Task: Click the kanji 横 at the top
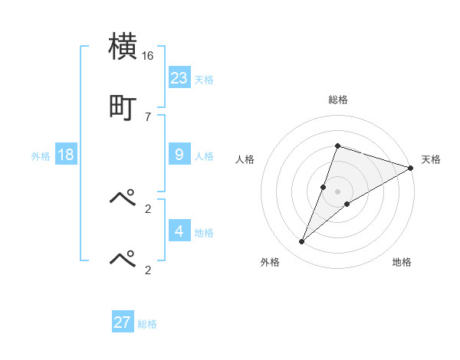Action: [124, 46]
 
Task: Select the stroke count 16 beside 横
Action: [148, 56]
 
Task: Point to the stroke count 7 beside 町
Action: [148, 116]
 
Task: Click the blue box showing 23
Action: [179, 77]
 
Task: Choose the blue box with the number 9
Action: [179, 155]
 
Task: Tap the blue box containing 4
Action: [179, 231]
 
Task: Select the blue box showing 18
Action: [66, 155]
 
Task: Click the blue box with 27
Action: [123, 322]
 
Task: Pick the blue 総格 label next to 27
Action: [147, 324]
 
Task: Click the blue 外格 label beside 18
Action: [41, 156]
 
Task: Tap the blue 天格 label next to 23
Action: [204, 79]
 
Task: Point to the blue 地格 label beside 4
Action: [204, 232]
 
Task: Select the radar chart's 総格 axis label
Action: [338, 100]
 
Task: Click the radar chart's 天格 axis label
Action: [431, 159]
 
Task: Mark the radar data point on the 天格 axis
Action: [412, 168]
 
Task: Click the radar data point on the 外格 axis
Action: [302, 242]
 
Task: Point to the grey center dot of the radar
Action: [338, 191]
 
